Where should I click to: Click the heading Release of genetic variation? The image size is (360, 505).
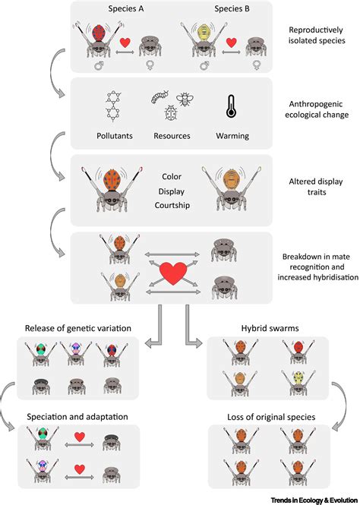tap(79, 328)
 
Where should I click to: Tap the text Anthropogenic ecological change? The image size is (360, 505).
tap(318, 111)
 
